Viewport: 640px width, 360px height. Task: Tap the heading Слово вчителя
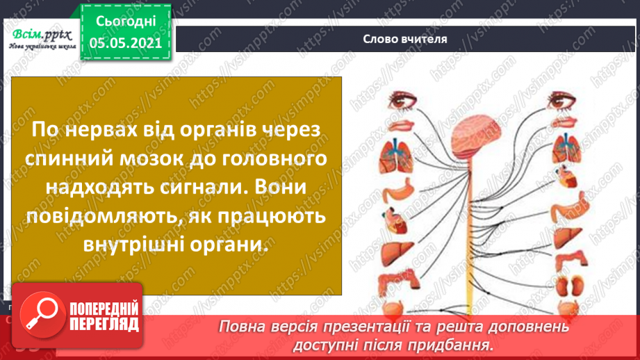[x=404, y=39]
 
